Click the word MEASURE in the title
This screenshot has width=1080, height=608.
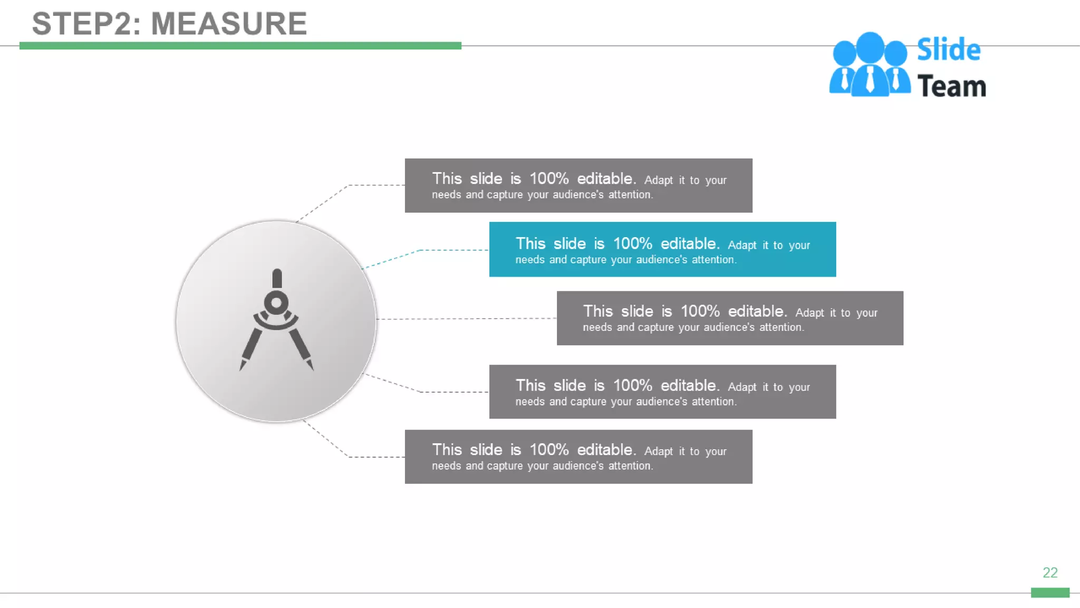coord(229,24)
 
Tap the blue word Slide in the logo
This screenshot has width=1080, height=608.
coord(948,50)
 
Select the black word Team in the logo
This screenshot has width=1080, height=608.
coord(951,87)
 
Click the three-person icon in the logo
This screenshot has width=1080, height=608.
coord(870,65)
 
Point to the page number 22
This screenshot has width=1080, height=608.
coord(1050,573)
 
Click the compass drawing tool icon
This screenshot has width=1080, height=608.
coord(276,320)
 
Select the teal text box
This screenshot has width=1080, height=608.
coord(662,250)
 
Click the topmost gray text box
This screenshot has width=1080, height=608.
coord(578,185)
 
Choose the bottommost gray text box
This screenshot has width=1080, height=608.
coord(578,457)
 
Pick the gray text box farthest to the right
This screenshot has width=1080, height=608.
coord(730,318)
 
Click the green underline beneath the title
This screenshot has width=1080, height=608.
coord(240,46)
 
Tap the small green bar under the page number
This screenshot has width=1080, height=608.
coord(1050,592)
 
